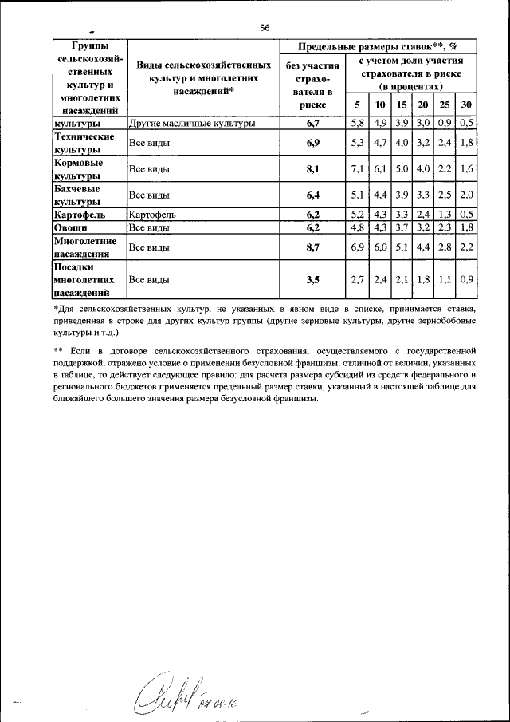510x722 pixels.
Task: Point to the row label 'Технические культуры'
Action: pyautogui.click(x=78, y=144)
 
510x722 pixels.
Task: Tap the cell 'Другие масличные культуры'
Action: pyautogui.click(x=192, y=124)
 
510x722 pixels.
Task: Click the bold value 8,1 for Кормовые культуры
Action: pyautogui.click(x=312, y=169)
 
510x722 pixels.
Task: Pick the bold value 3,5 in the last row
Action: pyautogui.click(x=312, y=280)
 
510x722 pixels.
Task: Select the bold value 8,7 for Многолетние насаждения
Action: pyautogui.click(x=312, y=247)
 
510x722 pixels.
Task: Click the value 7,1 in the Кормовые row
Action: pyautogui.click(x=357, y=169)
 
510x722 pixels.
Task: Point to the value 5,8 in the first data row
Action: pyautogui.click(x=357, y=124)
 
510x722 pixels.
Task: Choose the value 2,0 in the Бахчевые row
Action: pyautogui.click(x=467, y=195)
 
